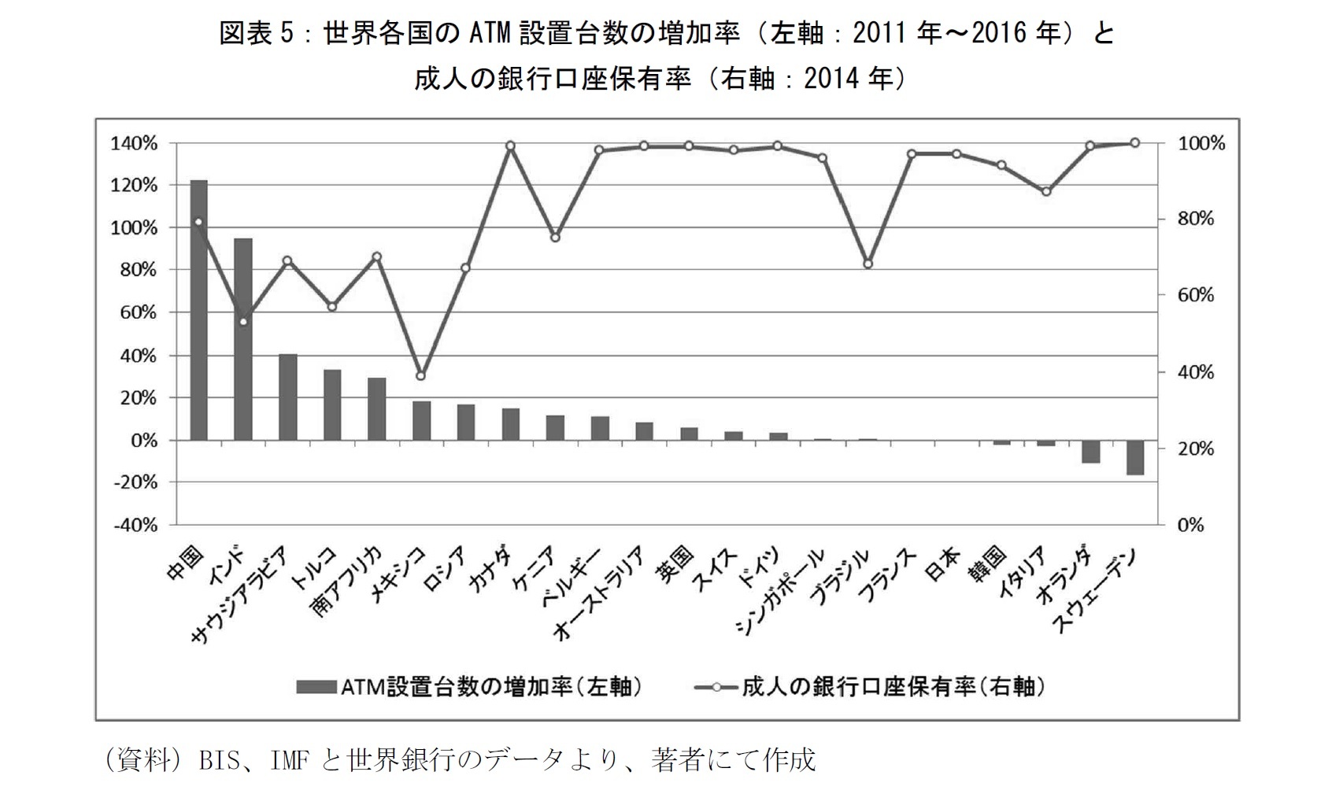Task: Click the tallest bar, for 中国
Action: [x=198, y=310]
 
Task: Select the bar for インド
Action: [x=242, y=339]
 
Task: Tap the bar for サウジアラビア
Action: [x=288, y=397]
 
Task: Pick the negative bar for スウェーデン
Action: [x=1134, y=457]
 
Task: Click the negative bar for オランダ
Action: [x=1090, y=452]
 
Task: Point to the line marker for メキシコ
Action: [x=420, y=376]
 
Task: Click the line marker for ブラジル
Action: [x=868, y=264]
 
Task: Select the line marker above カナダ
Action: [x=510, y=146]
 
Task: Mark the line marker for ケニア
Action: [x=555, y=238]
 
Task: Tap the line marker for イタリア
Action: [x=1045, y=192]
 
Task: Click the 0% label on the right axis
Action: [x=1190, y=525]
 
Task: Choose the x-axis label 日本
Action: [x=942, y=565]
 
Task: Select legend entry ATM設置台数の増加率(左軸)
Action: [x=470, y=687]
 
